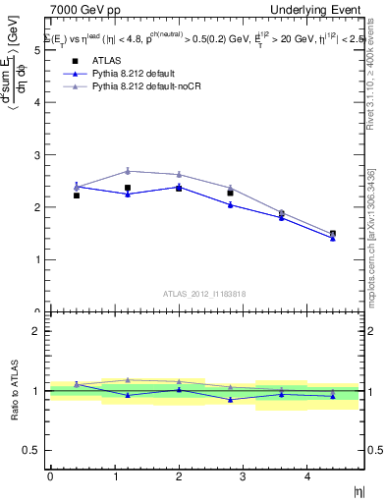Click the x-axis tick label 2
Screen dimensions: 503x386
pyautogui.click(x=178, y=475)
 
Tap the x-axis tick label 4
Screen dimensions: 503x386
pyautogui.click(x=306, y=475)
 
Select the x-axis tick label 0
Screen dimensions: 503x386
pyautogui.click(x=50, y=475)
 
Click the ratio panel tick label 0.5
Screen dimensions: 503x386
pyautogui.click(x=35, y=450)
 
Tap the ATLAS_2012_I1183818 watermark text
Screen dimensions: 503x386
pyautogui.click(x=204, y=293)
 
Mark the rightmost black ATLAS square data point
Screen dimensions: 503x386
pyautogui.click(x=333, y=234)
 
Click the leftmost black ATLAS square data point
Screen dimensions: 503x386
pyautogui.click(x=77, y=196)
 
